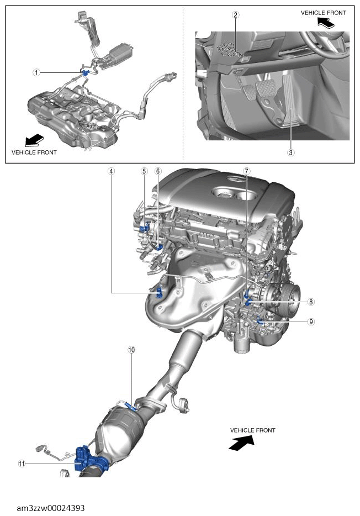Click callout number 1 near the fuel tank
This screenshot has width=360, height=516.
point(36,72)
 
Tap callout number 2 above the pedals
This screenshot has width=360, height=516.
point(236,15)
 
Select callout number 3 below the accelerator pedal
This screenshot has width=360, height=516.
point(290,152)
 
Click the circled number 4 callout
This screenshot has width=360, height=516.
point(112,171)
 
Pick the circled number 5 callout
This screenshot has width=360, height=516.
point(144,171)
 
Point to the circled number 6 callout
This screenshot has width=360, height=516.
point(158,171)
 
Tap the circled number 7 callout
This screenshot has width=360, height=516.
point(246,171)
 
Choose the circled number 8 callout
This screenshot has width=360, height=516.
point(311,302)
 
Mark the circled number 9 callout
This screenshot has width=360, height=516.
point(311,321)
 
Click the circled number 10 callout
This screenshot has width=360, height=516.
point(131,350)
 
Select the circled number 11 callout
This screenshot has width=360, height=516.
point(22,464)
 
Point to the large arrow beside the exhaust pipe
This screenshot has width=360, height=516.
point(242,442)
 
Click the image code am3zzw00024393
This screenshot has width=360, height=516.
point(51,508)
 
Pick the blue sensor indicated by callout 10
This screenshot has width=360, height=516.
point(131,407)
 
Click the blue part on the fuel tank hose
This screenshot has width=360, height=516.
point(86,72)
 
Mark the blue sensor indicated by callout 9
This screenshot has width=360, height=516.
point(260,320)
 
